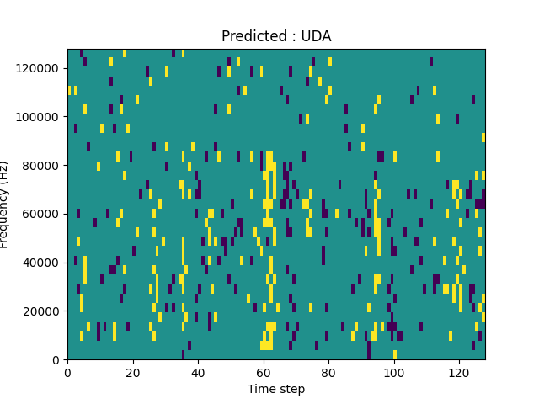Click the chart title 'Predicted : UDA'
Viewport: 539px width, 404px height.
tap(276, 36)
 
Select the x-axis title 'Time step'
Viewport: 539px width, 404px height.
tap(276, 389)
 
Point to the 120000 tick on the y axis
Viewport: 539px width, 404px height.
tap(40, 68)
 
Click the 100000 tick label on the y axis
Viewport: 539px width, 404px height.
tap(40, 117)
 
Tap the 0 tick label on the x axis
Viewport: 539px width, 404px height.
tap(67, 372)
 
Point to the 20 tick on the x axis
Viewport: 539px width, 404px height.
tap(132, 372)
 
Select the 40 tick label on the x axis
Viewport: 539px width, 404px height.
tap(198, 372)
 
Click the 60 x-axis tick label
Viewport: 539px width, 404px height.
tap(263, 372)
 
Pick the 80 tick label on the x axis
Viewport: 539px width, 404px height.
tap(328, 372)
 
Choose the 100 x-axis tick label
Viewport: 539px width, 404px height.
tap(393, 372)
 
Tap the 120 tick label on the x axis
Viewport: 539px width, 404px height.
tap(459, 372)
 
